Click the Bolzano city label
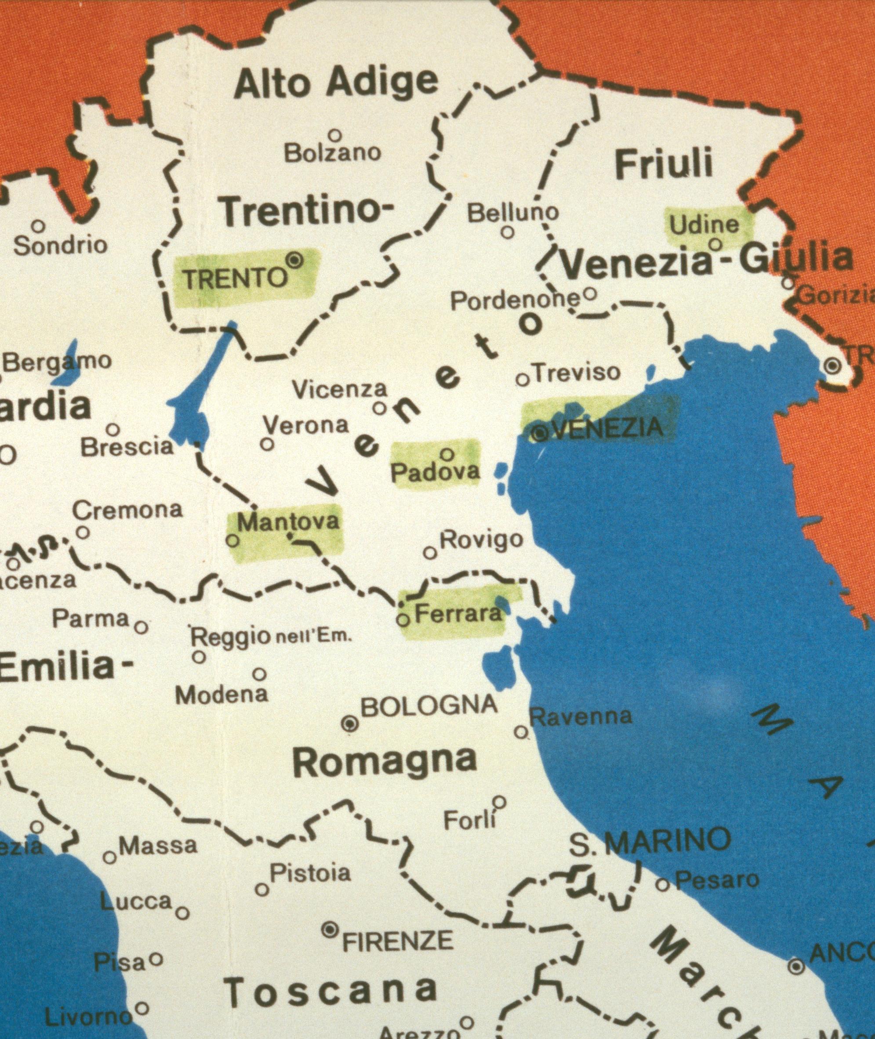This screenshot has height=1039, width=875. [332, 153]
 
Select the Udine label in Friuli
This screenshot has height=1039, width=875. [704, 225]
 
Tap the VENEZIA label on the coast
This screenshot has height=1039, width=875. [606, 428]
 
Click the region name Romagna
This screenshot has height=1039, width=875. [385, 762]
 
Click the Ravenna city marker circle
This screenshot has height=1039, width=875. [521, 732]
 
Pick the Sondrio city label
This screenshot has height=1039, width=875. [60, 245]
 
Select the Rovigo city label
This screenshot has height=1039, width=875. [481, 539]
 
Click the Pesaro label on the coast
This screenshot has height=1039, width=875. [717, 880]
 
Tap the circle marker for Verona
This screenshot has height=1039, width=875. [267, 444]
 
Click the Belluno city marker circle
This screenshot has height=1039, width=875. [507, 232]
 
